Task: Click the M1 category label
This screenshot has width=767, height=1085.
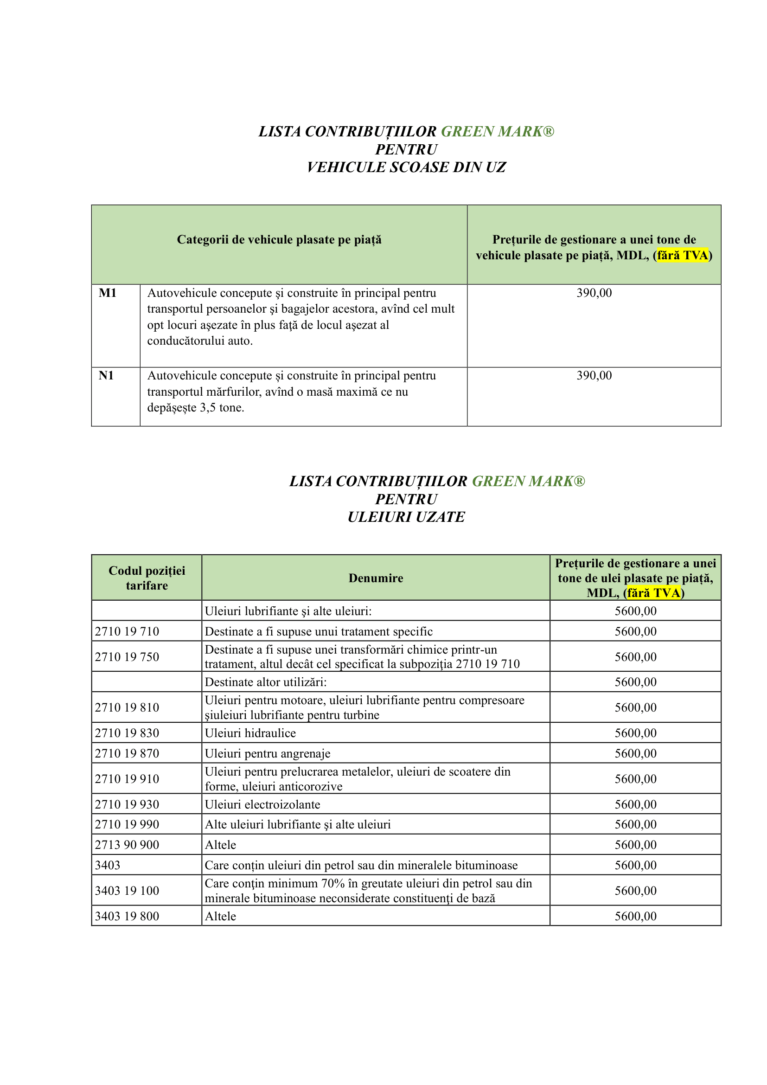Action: [x=107, y=293]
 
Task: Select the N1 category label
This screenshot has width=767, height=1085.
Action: [x=106, y=376]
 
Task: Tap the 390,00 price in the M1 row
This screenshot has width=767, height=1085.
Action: [x=594, y=293]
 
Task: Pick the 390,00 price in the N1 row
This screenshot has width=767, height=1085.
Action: [x=594, y=376]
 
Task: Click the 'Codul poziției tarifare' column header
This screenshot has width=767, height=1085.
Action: [x=147, y=578]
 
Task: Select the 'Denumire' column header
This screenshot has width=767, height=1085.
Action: [x=376, y=578]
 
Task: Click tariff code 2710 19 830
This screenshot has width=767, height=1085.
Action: [x=127, y=733]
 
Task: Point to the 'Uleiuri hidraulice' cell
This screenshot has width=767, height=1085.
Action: [x=250, y=733]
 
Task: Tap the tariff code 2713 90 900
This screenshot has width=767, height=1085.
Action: [x=127, y=844]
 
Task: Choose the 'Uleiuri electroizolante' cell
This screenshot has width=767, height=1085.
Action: [x=262, y=804]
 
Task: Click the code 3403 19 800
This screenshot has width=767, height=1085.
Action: [x=127, y=916]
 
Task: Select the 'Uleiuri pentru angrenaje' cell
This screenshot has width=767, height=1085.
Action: [x=268, y=753]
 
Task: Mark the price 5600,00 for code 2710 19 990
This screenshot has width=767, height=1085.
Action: [x=635, y=824]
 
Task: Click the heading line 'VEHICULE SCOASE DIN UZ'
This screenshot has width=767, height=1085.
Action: [x=406, y=167]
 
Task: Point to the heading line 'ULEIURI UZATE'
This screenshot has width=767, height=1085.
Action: [x=406, y=517]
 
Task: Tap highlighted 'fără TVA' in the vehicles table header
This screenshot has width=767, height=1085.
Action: [x=683, y=256]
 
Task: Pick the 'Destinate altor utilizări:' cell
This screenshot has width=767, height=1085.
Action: [x=266, y=682]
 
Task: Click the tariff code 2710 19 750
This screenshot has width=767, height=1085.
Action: [x=127, y=657]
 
